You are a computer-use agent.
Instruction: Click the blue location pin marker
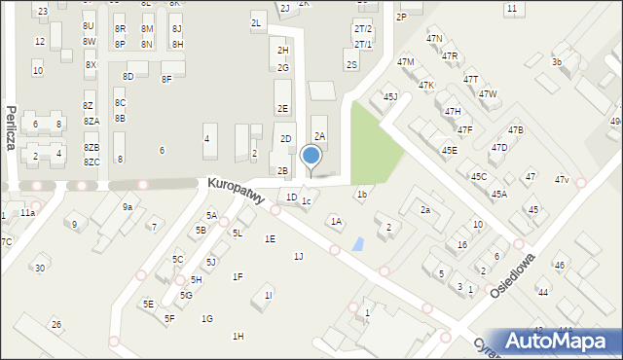tap(311, 156)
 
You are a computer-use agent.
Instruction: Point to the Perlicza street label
tap(11, 127)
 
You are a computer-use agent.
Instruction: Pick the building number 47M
tap(405, 61)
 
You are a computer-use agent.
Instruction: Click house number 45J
tap(390, 96)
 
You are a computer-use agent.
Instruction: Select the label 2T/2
tap(363, 29)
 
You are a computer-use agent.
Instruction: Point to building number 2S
tap(351, 64)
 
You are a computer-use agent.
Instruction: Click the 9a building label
tap(127, 206)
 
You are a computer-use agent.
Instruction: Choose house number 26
tap(56, 324)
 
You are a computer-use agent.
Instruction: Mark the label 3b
tap(557, 61)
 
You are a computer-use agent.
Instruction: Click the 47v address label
tap(562, 180)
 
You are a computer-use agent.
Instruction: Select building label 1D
tap(291, 198)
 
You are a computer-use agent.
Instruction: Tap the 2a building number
tap(424, 209)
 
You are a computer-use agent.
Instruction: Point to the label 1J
tap(299, 256)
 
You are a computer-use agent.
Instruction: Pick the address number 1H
tap(238, 336)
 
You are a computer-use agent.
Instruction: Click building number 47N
tap(434, 38)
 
